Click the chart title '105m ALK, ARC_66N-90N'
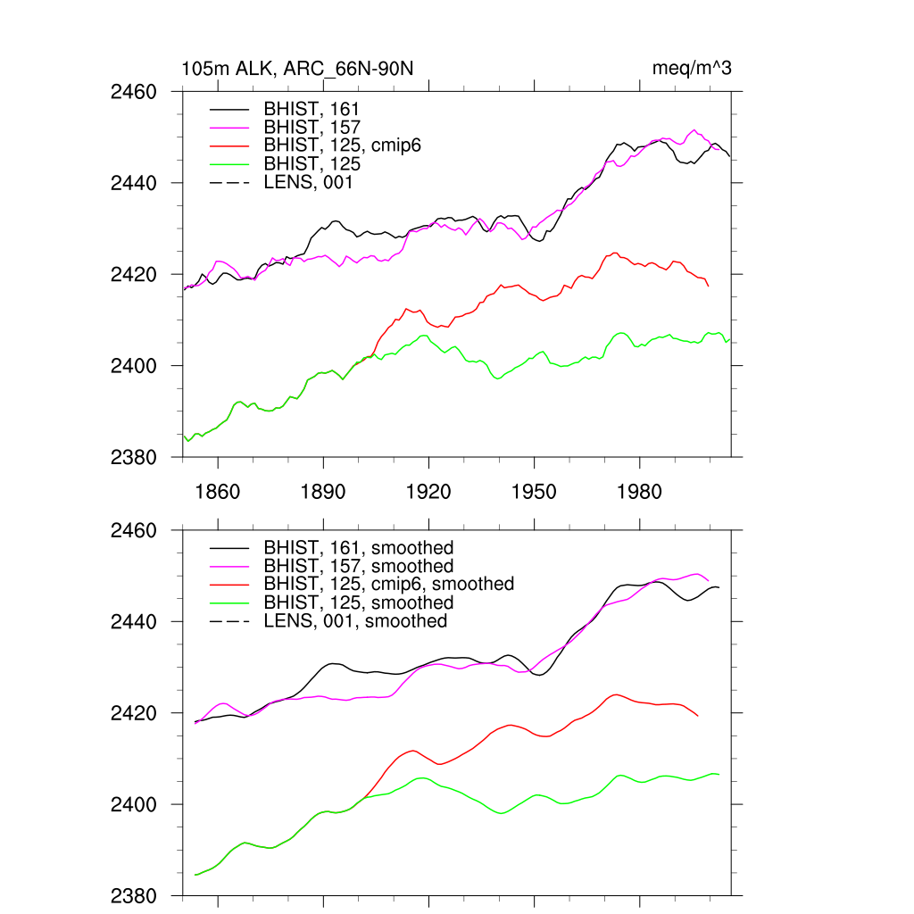tap(298, 69)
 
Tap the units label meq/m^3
tap(693, 69)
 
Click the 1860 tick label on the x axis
tap(218, 492)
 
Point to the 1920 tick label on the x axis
tap(428, 492)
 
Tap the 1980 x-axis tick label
tap(639, 492)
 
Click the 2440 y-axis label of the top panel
tap(134, 183)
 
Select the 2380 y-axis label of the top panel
tap(134, 458)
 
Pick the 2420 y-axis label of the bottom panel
tap(134, 713)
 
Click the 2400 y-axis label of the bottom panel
tap(134, 805)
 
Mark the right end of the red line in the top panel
tap(709, 286)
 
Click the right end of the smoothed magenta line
tap(709, 581)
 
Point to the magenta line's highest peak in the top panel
tap(694, 130)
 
